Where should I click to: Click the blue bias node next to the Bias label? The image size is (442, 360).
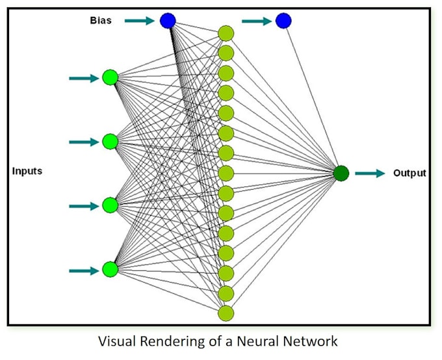(168, 21)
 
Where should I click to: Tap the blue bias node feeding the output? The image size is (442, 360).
(283, 21)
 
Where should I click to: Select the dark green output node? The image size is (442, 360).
(341, 174)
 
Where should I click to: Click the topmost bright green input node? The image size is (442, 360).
(110, 78)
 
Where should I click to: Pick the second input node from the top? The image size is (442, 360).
(110, 142)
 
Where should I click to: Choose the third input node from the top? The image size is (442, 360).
(110, 205)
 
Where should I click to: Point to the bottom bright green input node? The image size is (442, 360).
(110, 268)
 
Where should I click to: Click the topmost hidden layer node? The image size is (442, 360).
(226, 33)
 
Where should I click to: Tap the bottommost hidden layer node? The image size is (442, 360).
(226, 313)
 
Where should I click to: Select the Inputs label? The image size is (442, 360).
(27, 172)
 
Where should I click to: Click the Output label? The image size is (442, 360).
(409, 174)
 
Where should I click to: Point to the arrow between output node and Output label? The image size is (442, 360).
(370, 174)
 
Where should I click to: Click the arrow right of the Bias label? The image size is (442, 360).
(139, 21)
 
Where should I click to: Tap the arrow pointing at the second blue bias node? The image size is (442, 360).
(256, 21)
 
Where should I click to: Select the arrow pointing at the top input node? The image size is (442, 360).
(83, 78)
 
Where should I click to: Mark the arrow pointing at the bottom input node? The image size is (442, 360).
(83, 268)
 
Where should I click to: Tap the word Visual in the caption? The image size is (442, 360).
(116, 341)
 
